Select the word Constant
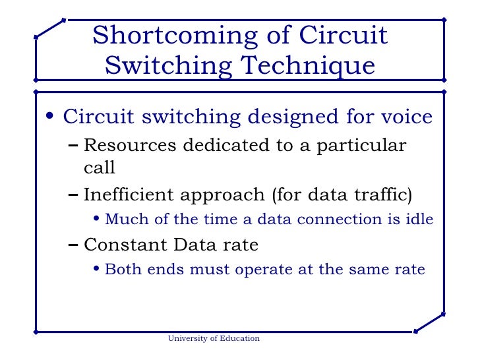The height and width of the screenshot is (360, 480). point(125,245)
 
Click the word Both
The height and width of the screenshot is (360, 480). point(119,269)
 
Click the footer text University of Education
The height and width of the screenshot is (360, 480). point(214,338)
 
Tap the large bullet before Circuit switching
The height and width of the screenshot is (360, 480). point(50,118)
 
